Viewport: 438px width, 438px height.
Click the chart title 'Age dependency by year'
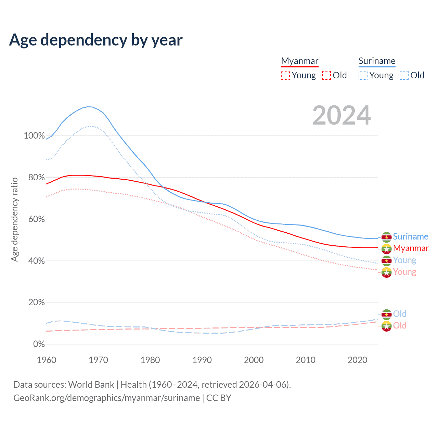pos(96,40)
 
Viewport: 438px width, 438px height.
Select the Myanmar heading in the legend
pos(300,61)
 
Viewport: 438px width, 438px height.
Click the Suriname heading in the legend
pos(377,61)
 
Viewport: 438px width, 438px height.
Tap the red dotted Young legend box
pos(285,75)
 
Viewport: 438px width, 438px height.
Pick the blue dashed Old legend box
pos(404,75)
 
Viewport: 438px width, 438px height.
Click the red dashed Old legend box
pos(326,75)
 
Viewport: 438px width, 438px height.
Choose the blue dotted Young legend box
pos(363,75)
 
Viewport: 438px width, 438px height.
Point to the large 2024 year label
pos(342,115)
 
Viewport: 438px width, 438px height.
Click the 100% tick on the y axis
pos(34,136)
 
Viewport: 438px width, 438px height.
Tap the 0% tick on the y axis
pos(39,344)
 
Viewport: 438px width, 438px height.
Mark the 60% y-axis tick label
pos(36,219)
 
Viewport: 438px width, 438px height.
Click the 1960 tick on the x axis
pos(47,360)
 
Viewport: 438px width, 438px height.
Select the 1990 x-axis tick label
pos(202,360)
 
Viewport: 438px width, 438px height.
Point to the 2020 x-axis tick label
pos(357,360)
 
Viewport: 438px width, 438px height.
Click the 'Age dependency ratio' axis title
pos(14,219)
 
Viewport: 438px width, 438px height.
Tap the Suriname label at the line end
pos(410,236)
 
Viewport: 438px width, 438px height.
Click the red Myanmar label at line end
pos(411,248)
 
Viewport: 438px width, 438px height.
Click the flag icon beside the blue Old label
pos(386,314)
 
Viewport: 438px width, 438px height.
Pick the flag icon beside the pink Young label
pos(386,272)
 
